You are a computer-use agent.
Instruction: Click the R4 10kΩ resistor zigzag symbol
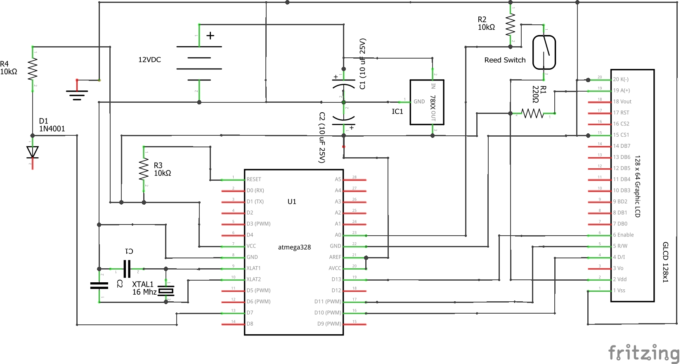click(33, 69)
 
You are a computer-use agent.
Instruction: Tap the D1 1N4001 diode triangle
click(33, 152)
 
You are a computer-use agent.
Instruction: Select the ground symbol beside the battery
click(77, 95)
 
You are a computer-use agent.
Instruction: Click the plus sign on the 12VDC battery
click(210, 35)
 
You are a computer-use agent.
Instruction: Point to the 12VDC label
click(149, 60)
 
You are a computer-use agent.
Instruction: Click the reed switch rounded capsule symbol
click(544, 52)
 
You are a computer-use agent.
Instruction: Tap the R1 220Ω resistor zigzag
click(532, 113)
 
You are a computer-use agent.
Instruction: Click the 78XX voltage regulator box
click(427, 102)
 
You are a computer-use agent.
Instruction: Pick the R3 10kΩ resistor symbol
click(144, 170)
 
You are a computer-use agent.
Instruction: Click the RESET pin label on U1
click(254, 180)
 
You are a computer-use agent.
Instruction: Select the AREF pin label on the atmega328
click(335, 257)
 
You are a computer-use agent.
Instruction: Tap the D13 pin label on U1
click(336, 279)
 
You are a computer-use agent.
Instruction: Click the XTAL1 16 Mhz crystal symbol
click(166, 291)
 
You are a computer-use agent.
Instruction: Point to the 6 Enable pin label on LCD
click(623, 235)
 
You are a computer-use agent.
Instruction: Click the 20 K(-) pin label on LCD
click(621, 79)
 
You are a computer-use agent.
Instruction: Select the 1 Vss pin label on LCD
click(619, 291)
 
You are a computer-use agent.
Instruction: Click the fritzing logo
click(644, 353)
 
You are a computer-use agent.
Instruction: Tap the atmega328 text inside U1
click(294, 247)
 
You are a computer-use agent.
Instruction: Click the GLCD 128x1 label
click(665, 262)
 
